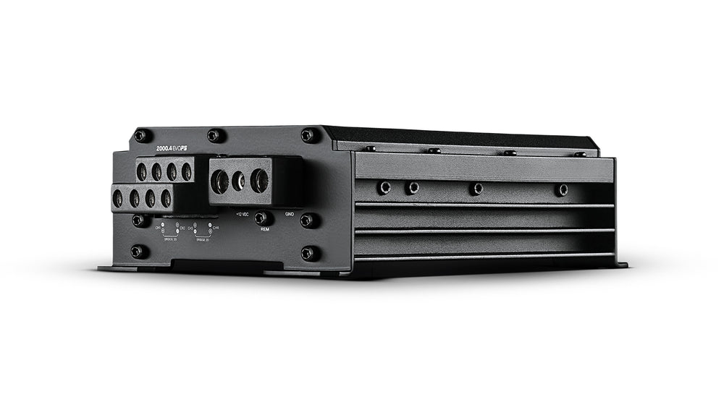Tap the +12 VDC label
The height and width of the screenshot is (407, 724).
click(242, 214)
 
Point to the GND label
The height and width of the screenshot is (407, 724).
click(290, 214)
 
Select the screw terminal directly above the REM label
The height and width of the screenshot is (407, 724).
click(261, 218)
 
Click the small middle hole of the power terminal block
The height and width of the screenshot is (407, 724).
click(238, 181)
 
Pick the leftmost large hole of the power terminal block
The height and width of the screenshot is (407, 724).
click(219, 181)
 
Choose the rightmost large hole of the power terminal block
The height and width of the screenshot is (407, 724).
click(258, 181)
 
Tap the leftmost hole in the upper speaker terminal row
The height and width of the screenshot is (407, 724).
click(142, 172)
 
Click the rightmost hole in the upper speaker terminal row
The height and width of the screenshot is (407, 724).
click(187, 172)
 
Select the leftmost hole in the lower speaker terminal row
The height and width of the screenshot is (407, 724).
click(118, 199)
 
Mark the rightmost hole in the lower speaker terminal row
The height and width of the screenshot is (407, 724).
click(166, 199)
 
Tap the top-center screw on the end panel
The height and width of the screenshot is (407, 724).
click(214, 134)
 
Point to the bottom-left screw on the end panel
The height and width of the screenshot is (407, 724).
click(138, 251)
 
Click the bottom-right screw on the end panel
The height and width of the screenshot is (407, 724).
click(309, 252)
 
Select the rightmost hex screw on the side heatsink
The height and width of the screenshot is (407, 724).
click(562, 189)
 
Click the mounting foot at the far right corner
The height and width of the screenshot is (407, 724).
click(621, 265)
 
